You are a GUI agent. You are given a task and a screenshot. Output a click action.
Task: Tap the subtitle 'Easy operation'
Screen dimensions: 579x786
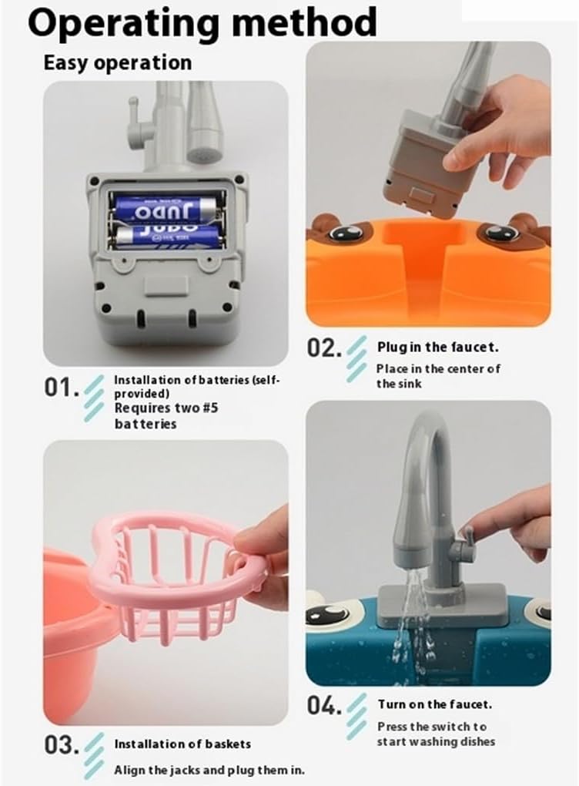coord(118,62)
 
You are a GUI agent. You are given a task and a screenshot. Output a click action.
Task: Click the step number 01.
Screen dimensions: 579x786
coord(61,387)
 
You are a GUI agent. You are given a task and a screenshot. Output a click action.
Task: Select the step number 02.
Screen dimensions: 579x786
coord(324,348)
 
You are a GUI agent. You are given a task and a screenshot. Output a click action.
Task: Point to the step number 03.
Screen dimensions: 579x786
coord(61,745)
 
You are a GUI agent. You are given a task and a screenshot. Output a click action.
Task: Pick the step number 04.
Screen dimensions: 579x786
coord(324,706)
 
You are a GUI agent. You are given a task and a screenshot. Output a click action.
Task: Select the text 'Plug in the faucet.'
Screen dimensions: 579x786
coord(438,347)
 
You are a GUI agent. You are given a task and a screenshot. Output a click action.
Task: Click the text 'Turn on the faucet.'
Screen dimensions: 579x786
coord(435,704)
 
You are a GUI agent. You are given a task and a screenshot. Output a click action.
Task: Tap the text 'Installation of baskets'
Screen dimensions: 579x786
coord(182,744)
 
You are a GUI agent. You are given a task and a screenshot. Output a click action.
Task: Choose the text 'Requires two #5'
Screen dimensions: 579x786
coord(166,408)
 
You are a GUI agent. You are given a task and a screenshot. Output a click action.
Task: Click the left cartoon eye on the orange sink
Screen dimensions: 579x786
coord(346,232)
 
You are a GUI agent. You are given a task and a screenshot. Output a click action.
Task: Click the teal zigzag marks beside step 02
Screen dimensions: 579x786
coord(356,359)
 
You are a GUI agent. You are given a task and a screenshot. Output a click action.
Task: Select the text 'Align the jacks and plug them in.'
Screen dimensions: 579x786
coord(209,770)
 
